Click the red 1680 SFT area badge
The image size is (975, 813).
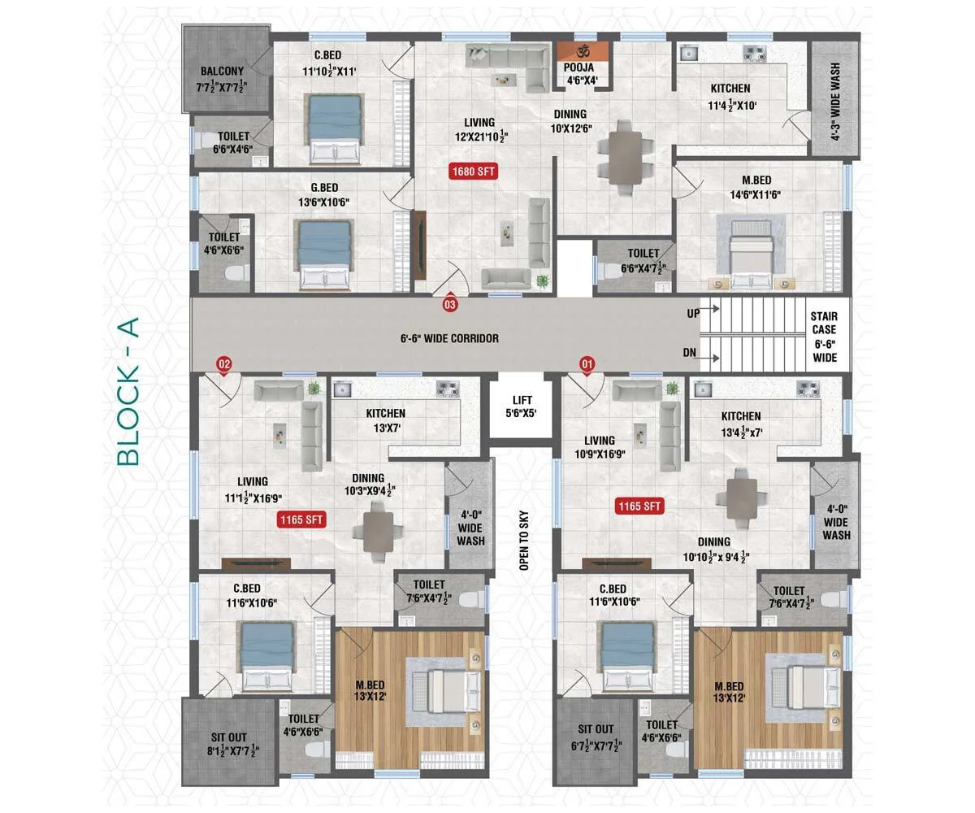click(473, 171)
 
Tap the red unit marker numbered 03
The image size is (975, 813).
click(449, 304)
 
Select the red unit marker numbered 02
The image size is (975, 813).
click(224, 364)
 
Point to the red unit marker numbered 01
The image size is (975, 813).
click(587, 364)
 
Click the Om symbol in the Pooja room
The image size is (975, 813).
click(583, 50)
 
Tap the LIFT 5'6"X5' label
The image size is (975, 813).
click(521, 406)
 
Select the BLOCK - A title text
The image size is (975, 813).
click(128, 392)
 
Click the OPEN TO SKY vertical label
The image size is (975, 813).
click(524, 540)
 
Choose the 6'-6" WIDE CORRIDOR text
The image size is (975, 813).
click(449, 338)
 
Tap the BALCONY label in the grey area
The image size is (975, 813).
click(222, 71)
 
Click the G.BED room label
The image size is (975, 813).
click(324, 187)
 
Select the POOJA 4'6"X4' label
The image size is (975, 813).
click(579, 73)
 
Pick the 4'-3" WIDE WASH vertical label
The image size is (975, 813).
click(835, 102)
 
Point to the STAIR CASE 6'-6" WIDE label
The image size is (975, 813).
click(824, 337)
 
